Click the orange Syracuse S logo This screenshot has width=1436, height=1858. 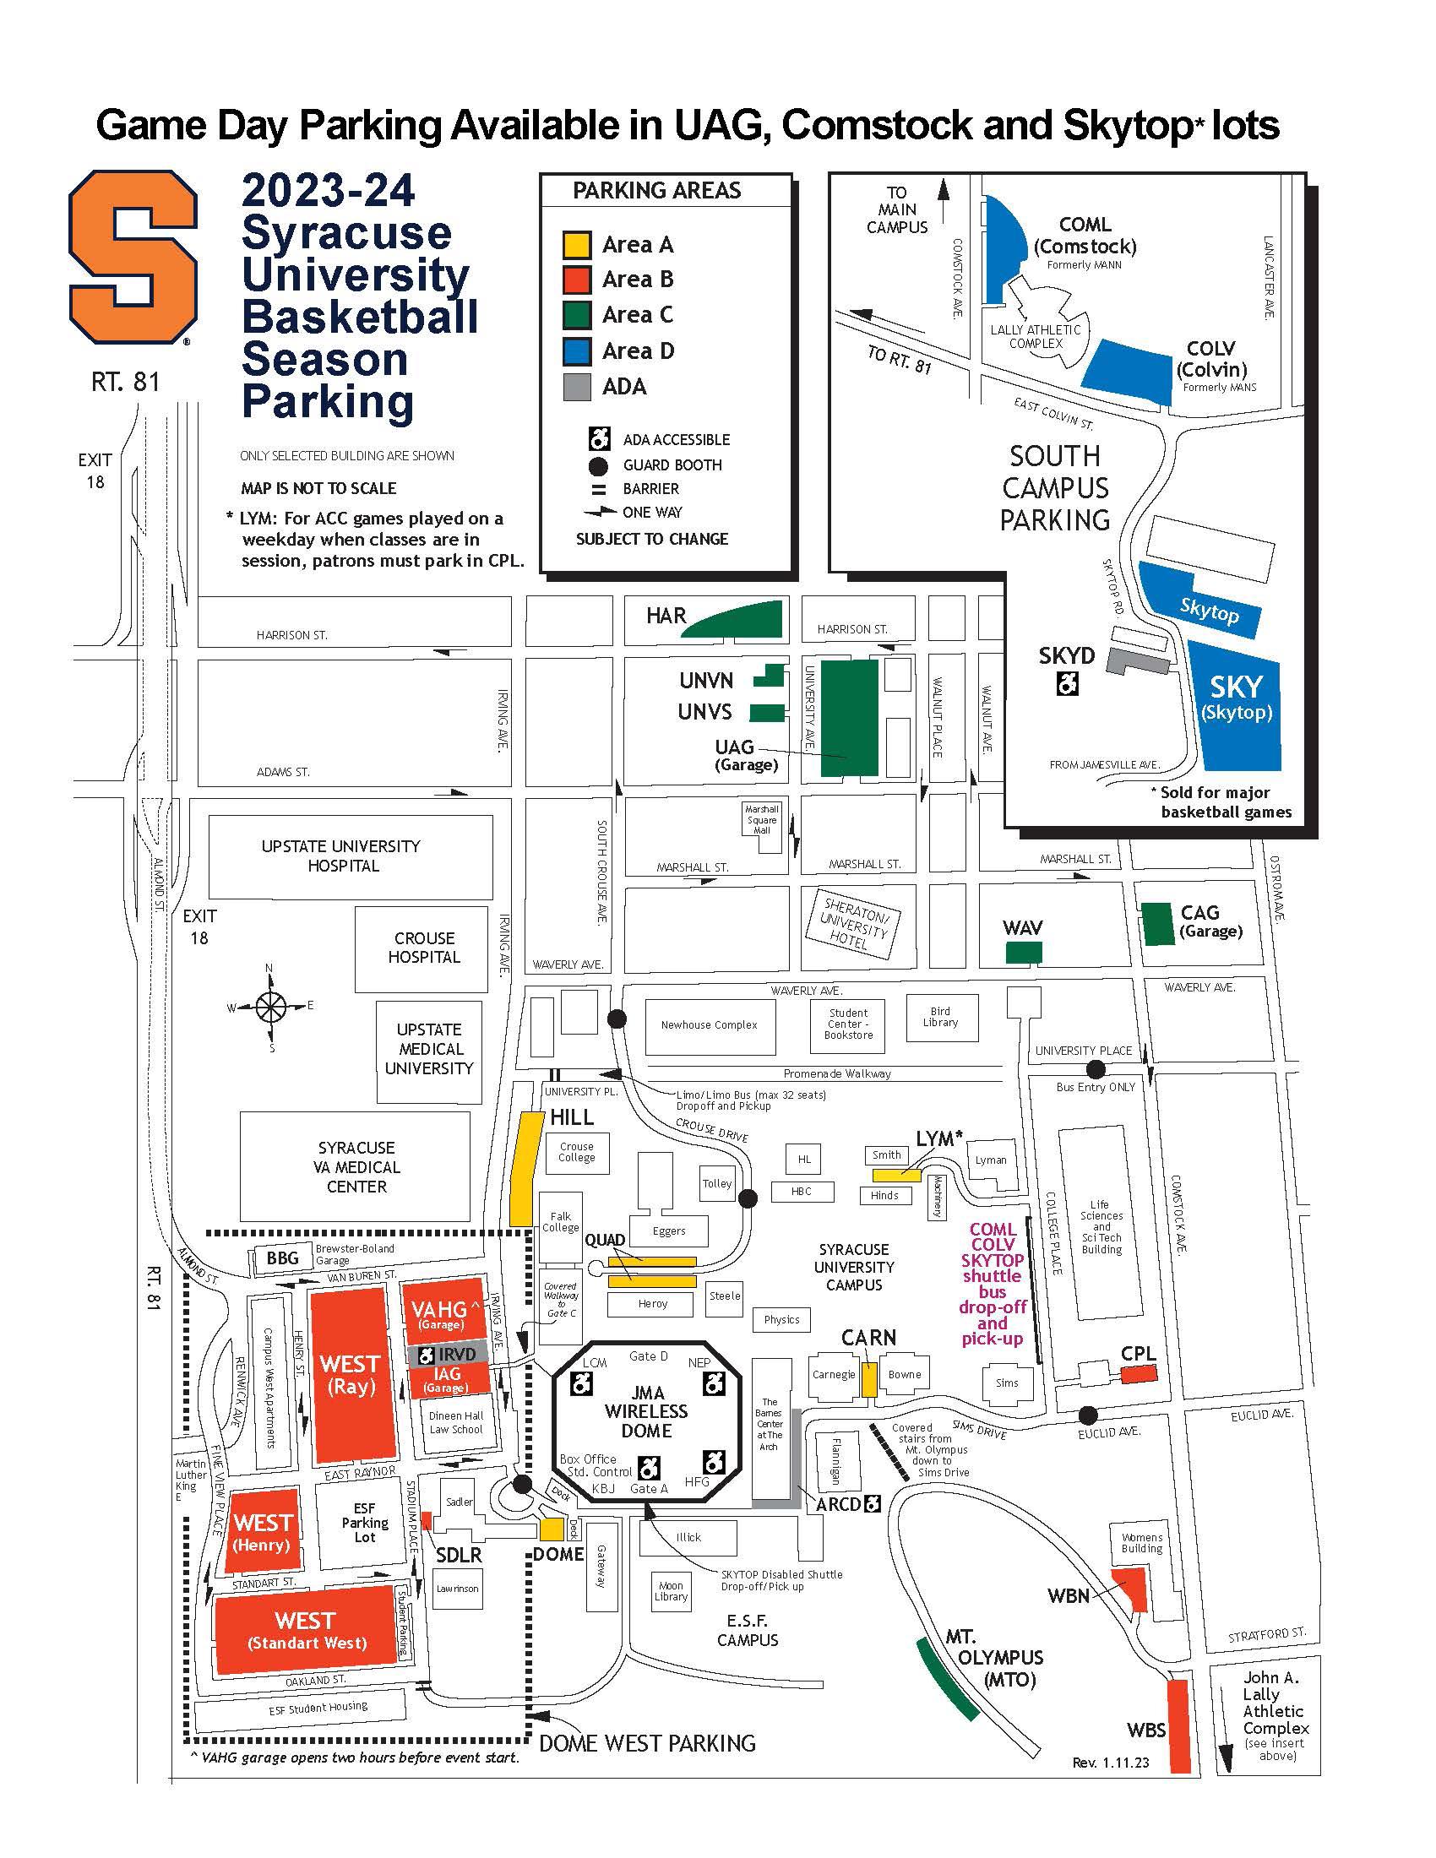coord(133,256)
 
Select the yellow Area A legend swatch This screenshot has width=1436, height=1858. coord(577,245)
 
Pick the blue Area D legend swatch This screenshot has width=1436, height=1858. coord(577,350)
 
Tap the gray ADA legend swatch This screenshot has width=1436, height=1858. coord(577,386)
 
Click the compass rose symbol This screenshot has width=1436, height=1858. coord(270,1008)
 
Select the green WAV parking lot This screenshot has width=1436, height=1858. coord(1024,953)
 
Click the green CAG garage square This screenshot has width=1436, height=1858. coord(1157,924)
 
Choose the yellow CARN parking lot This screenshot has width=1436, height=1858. coord(868,1379)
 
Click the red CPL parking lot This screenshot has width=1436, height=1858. coord(1139,1374)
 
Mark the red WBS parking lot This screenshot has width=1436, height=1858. coord(1178,1727)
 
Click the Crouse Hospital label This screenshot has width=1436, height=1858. coord(424,947)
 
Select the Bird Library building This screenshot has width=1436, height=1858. coord(940,1018)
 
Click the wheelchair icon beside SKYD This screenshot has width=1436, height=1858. coord(1067,682)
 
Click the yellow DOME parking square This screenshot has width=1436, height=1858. coord(552,1529)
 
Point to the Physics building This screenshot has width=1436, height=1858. coord(781,1319)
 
